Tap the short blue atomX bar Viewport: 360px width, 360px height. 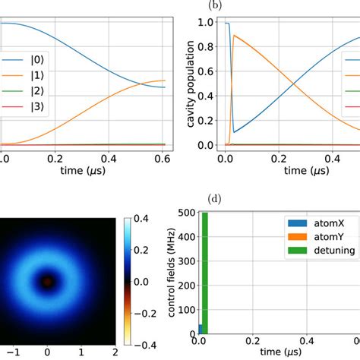coord(200,329)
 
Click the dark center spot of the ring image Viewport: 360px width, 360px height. coord(47,282)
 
